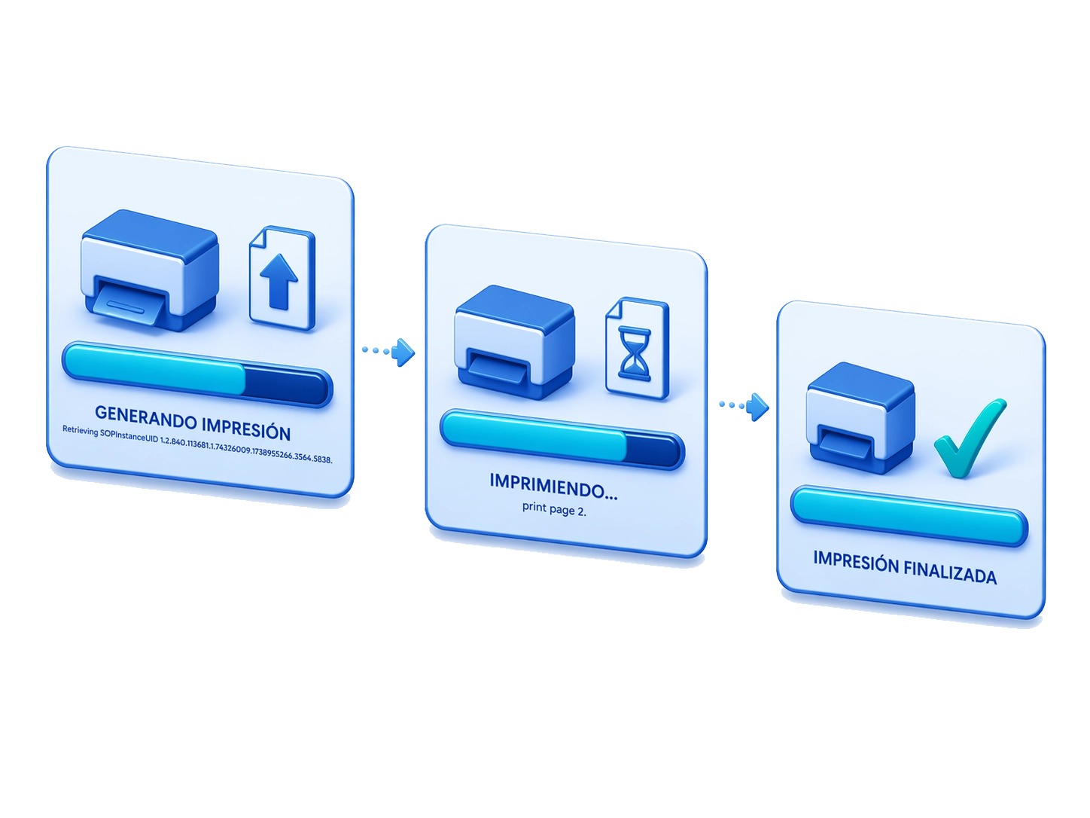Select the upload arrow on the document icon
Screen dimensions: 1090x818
tap(279, 281)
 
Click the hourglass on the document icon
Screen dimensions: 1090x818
tap(634, 353)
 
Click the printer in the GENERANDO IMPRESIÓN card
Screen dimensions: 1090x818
tap(150, 270)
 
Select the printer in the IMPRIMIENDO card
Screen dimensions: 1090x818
tap(515, 342)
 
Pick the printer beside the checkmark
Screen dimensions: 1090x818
tap(860, 418)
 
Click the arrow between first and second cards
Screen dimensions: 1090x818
tap(389, 353)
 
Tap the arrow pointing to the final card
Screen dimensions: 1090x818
tap(744, 407)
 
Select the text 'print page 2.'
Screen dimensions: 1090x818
tap(554, 508)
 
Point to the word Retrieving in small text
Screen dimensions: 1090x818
tap(80, 430)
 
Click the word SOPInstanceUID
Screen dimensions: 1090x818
tap(129, 435)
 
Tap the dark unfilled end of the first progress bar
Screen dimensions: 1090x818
tap(286, 386)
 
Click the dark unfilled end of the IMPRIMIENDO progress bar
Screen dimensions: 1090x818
tap(653, 449)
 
